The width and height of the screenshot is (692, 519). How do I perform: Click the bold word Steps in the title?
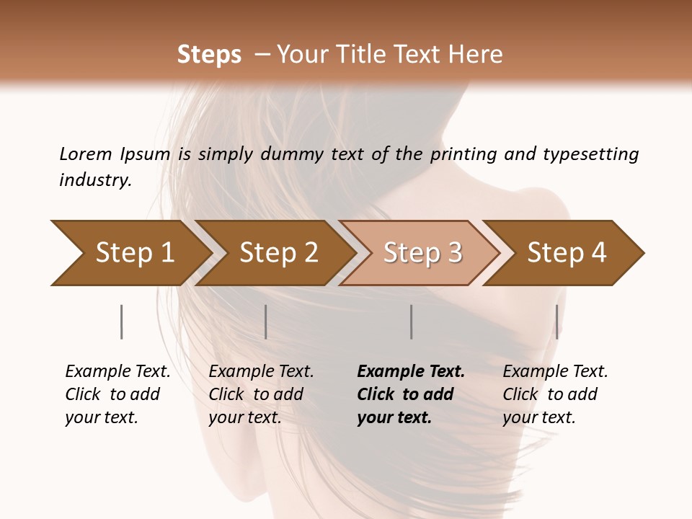[209, 55]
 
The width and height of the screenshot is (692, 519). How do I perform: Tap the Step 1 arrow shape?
[135, 253]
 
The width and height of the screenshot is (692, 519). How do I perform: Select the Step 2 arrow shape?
[279, 253]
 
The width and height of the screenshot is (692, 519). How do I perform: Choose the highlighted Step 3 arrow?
[423, 253]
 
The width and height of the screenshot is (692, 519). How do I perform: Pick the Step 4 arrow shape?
[567, 253]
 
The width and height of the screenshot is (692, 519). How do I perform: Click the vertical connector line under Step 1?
[122, 321]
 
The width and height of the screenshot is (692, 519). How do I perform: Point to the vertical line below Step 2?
[266, 321]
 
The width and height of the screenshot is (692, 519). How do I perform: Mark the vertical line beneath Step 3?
[412, 321]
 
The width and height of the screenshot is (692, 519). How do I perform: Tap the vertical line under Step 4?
[557, 321]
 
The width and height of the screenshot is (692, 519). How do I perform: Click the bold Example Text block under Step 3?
[411, 394]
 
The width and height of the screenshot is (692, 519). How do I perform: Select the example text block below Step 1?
[117, 394]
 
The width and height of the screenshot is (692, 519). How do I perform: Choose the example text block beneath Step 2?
[261, 394]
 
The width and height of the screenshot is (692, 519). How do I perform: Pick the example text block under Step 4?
[555, 394]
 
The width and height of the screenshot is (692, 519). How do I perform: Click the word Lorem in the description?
[85, 154]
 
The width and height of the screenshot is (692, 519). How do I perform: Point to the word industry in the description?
[94, 179]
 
